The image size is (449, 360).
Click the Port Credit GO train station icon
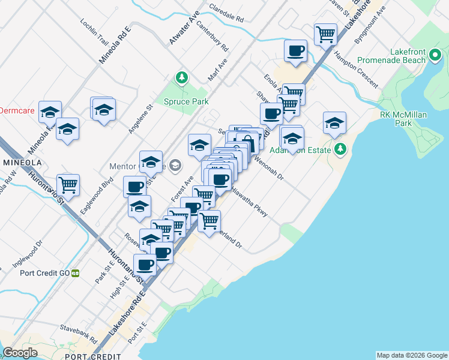point(76,272)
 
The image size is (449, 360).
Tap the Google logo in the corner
point(20,353)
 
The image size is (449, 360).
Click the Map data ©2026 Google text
point(412,355)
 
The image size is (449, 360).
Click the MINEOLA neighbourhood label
point(22,163)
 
